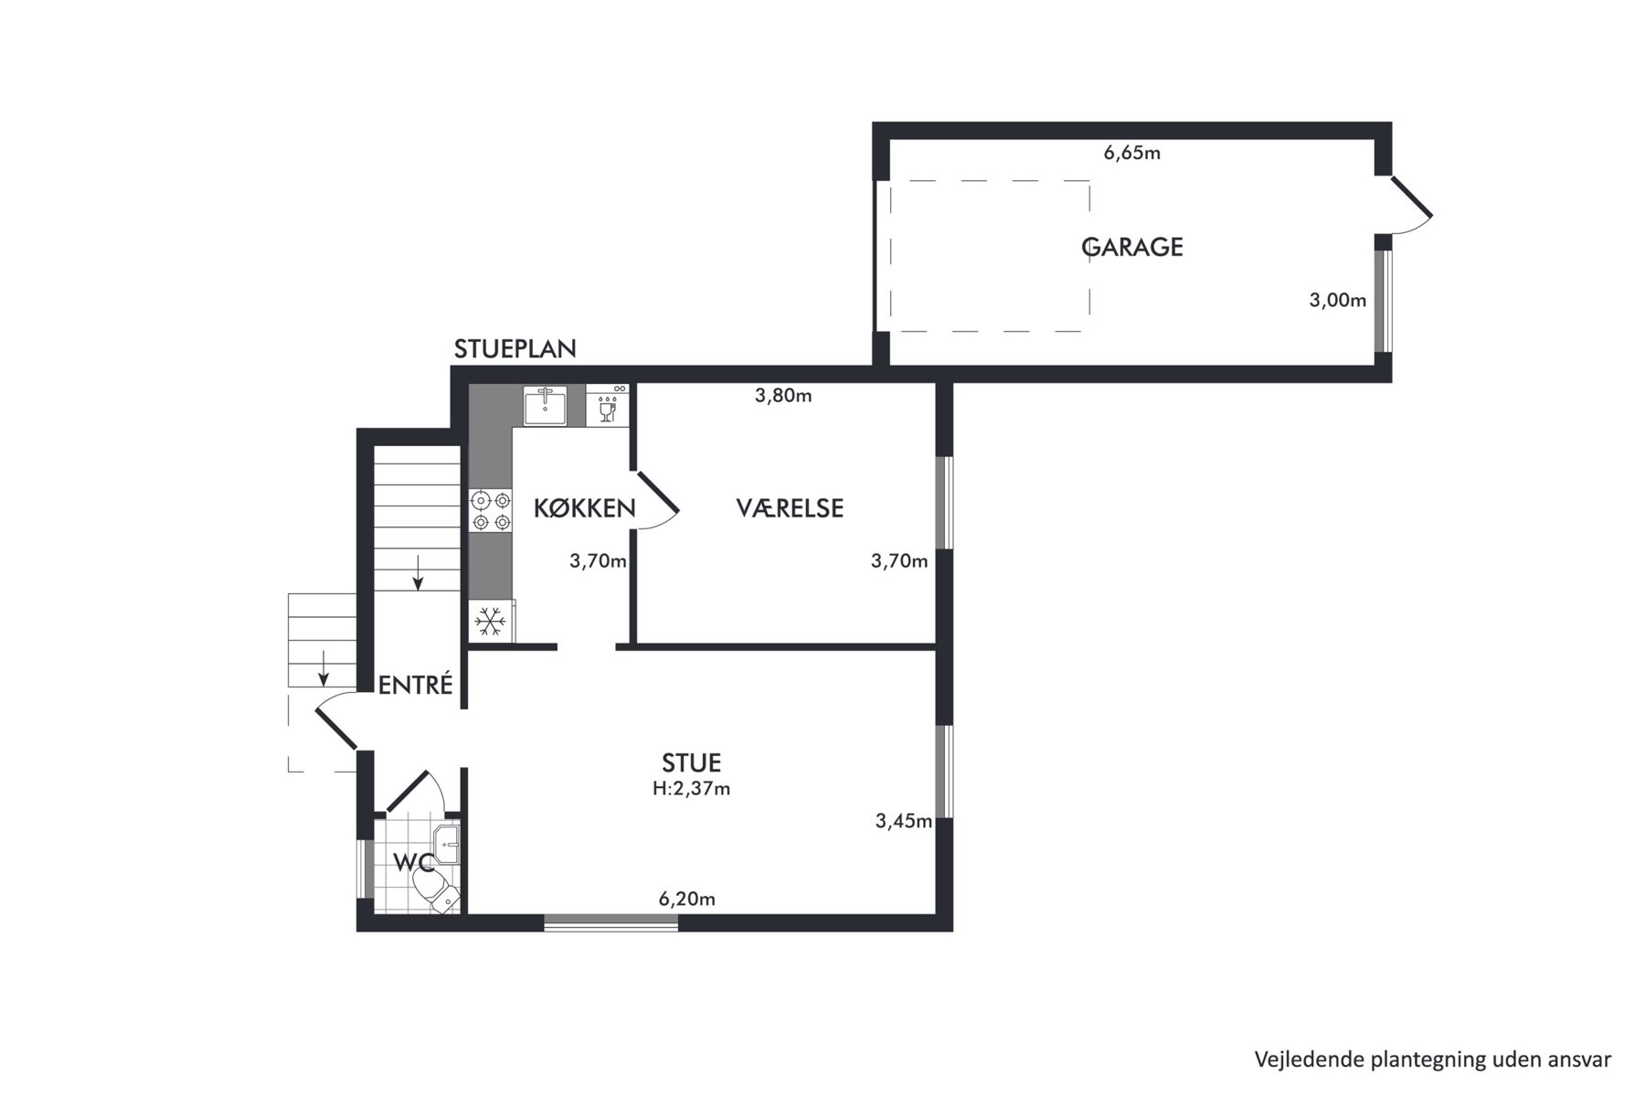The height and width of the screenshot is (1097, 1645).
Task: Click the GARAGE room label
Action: pyautogui.click(x=1132, y=247)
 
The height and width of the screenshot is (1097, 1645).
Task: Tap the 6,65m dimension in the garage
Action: pyautogui.click(x=1132, y=153)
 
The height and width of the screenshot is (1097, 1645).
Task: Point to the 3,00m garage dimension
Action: pyautogui.click(x=1338, y=300)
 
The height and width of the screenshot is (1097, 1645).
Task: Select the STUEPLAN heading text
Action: pyautogui.click(x=515, y=348)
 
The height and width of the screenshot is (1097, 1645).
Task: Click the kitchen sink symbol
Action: pyautogui.click(x=546, y=405)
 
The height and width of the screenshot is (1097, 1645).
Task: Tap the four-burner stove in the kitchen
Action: pyautogui.click(x=491, y=511)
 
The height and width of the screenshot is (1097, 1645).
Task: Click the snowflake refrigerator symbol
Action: pyautogui.click(x=491, y=622)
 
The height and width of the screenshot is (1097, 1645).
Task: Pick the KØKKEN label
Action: pyautogui.click(x=585, y=508)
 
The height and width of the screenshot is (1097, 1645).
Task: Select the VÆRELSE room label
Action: pyautogui.click(x=790, y=508)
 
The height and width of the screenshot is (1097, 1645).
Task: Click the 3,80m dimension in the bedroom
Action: pyautogui.click(x=783, y=396)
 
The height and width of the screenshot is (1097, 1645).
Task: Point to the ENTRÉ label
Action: pyautogui.click(x=416, y=684)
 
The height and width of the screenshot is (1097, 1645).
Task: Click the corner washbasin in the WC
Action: pyautogui.click(x=447, y=844)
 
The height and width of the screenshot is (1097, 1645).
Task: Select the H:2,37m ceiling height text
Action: pyautogui.click(x=692, y=788)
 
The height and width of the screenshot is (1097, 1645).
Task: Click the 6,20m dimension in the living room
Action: pyautogui.click(x=687, y=900)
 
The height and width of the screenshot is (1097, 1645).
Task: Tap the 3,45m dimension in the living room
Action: pyautogui.click(x=904, y=821)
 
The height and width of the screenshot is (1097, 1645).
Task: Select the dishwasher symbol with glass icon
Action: pyautogui.click(x=607, y=405)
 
